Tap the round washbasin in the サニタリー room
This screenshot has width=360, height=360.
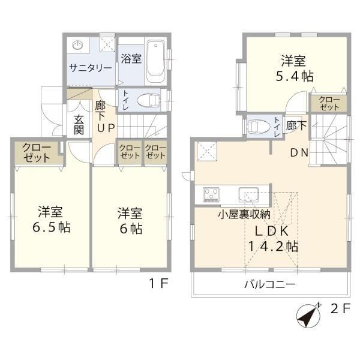pyautogui.click(x=77, y=45)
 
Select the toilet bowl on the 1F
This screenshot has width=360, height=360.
pyautogui.click(x=149, y=101)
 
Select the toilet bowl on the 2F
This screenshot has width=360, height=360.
pyautogui.click(x=259, y=126)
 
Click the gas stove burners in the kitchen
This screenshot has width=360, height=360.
pyautogui.click(x=211, y=194)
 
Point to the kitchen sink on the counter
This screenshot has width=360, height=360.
pyautogui.click(x=248, y=194)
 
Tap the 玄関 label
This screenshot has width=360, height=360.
pyautogui.click(x=79, y=125)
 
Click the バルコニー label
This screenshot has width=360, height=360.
pyautogui.click(x=269, y=284)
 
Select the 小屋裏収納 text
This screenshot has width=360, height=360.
pyautogui.click(x=244, y=214)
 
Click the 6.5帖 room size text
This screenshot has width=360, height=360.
pyautogui.click(x=52, y=227)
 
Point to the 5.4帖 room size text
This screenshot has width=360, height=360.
pyautogui.click(x=295, y=76)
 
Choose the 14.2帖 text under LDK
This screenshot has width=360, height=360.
pyautogui.click(x=273, y=247)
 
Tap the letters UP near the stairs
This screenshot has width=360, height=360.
pyautogui.click(x=106, y=128)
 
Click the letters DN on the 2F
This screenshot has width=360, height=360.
pyautogui.click(x=299, y=152)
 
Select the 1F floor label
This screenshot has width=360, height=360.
pyautogui.click(x=159, y=283)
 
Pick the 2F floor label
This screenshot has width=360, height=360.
pyautogui.click(x=340, y=308)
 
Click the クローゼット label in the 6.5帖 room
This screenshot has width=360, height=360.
pyautogui.click(x=36, y=152)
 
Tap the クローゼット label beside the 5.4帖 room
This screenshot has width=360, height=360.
pyautogui.click(x=329, y=104)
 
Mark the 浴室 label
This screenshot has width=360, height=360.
pyautogui.click(x=131, y=58)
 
